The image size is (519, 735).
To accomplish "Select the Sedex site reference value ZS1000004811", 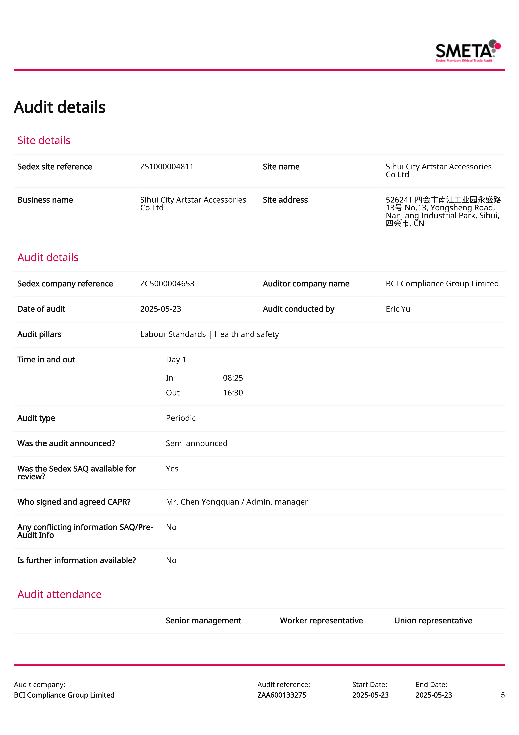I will pos(167,167).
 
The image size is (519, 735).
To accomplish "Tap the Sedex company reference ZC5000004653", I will pos(167,284).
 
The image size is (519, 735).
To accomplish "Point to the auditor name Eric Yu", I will pos(398,309).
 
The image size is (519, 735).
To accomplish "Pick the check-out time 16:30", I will pos(233,393).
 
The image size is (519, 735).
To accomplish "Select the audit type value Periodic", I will pos(181,418).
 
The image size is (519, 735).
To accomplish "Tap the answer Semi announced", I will pos(196,443).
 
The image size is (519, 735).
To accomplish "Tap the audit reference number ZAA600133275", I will pos(282,695).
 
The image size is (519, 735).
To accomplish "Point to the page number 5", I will pos(503,695).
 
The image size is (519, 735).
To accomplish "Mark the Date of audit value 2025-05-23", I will pos(161,309).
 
